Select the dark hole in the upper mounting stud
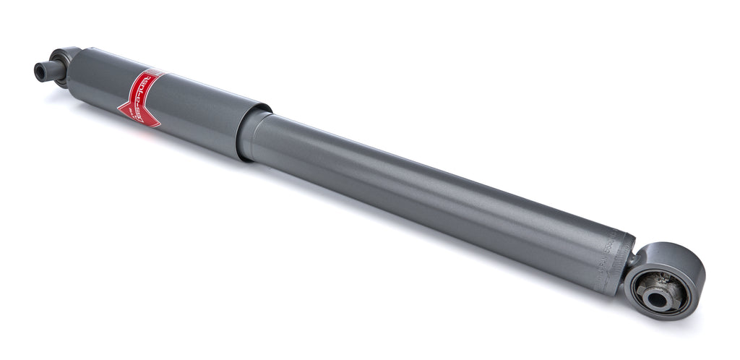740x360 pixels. click(38, 71)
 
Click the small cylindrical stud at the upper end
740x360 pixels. click(45, 70)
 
